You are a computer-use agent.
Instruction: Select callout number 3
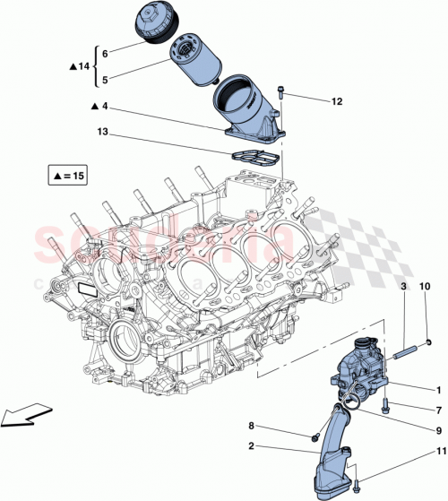(x=403, y=285)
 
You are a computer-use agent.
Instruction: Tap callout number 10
(x=426, y=285)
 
